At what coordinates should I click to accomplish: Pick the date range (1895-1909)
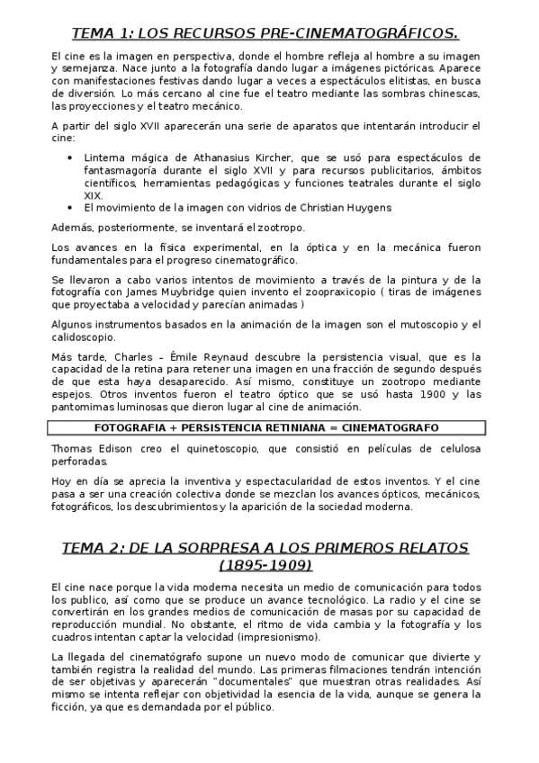coord(265,565)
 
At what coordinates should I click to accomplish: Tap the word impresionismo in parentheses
coord(264,637)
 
